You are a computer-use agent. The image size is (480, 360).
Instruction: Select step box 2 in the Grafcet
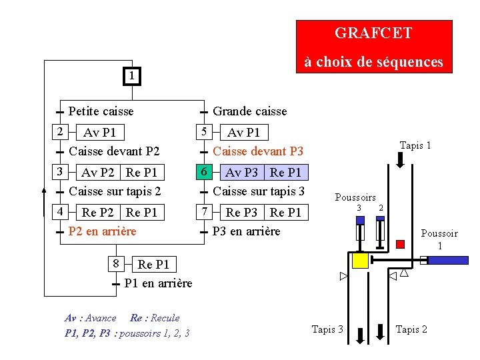(59, 131)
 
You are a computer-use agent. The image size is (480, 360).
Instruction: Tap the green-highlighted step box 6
(207, 172)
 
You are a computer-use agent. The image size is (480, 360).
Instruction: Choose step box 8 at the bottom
(116, 263)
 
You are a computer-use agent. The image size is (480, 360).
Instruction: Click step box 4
(59, 212)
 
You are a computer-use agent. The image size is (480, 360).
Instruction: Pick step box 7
(207, 212)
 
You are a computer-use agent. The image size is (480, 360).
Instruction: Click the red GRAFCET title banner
(373, 46)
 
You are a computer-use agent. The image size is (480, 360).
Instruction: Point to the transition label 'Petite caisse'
(101, 111)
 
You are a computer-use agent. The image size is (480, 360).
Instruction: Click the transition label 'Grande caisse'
(249, 111)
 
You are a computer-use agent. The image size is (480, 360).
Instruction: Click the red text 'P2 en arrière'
(102, 231)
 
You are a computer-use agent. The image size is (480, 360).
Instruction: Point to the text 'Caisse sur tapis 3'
(259, 191)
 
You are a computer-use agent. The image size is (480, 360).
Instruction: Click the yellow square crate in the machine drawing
(360, 261)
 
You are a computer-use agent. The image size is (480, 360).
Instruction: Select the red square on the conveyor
(400, 244)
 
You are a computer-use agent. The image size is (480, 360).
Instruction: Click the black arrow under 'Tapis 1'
(400, 161)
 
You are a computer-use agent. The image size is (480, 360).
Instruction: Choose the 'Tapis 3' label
(328, 329)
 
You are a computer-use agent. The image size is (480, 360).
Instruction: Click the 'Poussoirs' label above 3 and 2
(355, 197)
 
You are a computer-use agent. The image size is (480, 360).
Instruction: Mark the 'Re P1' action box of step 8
(153, 265)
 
